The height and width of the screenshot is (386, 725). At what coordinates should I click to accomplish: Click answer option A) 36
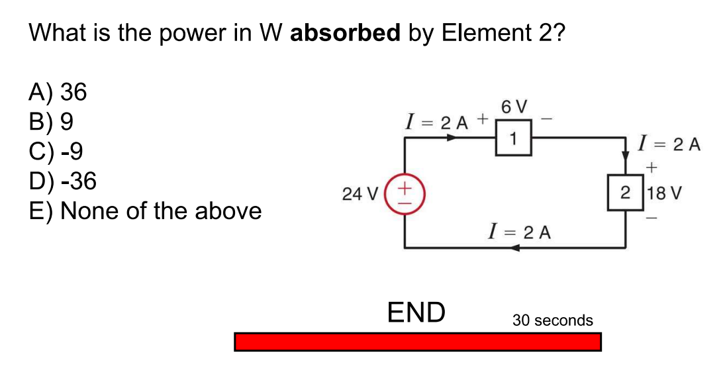58,93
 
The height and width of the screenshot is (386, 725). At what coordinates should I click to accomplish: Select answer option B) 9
51,122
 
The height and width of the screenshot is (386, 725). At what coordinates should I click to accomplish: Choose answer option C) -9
56,152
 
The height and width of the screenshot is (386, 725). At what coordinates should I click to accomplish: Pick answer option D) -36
62,181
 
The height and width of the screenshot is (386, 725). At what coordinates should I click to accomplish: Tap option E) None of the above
145,211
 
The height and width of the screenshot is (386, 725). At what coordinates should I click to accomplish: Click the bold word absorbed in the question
346,32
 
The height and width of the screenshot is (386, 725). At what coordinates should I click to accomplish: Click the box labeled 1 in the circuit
513,138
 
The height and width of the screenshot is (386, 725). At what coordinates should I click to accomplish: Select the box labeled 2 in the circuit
626,193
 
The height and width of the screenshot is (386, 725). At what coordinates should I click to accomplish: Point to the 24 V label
360,194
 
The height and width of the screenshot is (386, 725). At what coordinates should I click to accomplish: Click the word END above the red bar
416,312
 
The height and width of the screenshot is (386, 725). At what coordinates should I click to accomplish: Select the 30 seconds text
553,320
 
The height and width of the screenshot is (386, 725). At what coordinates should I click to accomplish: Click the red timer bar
417,342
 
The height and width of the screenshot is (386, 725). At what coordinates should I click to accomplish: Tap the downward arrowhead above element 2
626,156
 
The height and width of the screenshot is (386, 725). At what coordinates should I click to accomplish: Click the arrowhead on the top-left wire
452,138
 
